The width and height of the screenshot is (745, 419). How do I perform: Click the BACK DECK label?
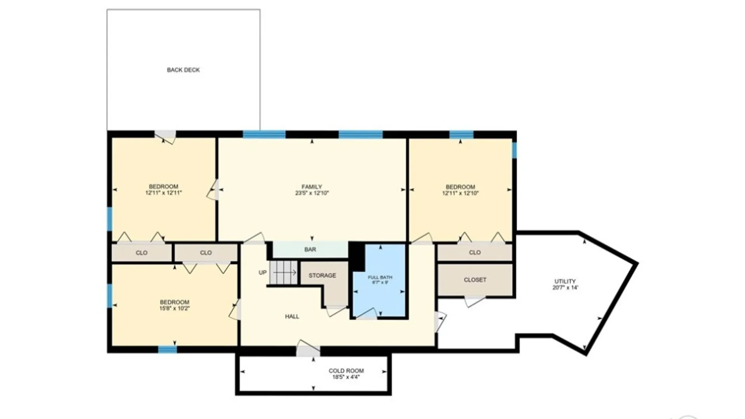click(183, 70)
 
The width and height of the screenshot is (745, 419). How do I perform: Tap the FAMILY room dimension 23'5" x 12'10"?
click(312, 193)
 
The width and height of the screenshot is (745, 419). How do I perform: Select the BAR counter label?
click(310, 249)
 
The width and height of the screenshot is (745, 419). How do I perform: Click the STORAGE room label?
click(322, 275)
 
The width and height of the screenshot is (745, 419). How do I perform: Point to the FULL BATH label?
click(380, 277)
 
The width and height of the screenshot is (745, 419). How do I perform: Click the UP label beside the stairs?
click(263, 273)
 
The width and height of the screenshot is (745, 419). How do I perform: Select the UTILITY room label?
click(565, 281)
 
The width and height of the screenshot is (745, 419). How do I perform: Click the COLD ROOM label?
click(346, 371)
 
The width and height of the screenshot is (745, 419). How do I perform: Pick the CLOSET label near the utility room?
click(475, 280)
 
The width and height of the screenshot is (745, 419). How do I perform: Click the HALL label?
click(292, 317)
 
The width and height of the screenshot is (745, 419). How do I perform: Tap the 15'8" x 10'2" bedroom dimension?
click(174, 308)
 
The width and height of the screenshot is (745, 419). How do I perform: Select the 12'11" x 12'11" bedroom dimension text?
click(163, 193)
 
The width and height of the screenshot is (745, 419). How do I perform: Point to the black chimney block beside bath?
click(357, 256)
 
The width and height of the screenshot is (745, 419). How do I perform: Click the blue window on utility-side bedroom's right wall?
click(515, 150)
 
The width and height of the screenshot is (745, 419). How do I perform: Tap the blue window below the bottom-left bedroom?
click(167, 350)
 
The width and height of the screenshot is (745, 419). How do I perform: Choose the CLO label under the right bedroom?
click(475, 253)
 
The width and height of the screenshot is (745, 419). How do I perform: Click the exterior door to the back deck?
click(165, 135)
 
